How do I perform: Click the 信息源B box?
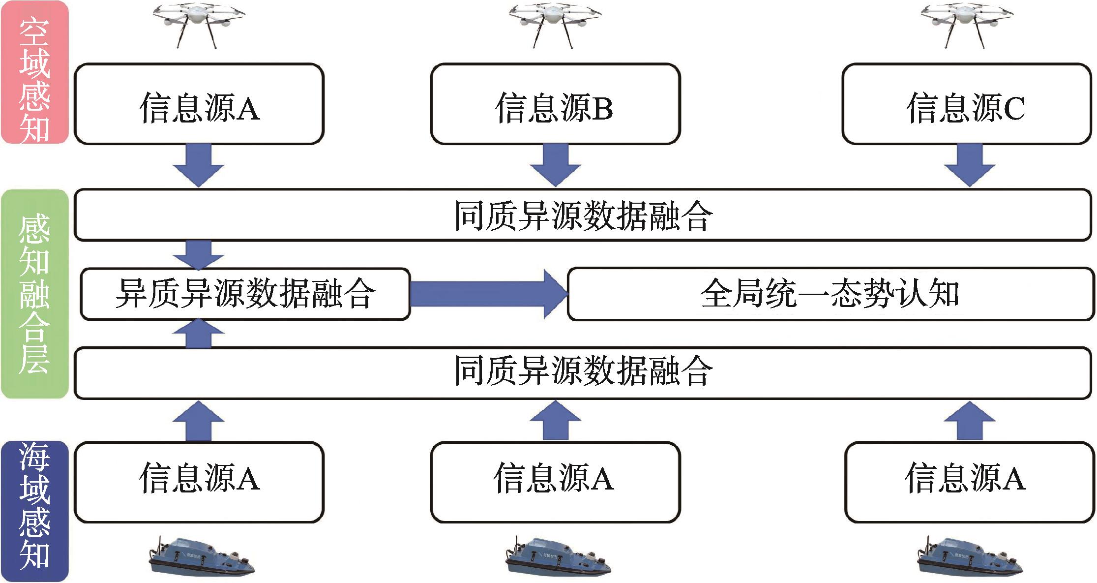pyautogui.click(x=555, y=104)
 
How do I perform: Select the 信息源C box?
pyautogui.click(x=966, y=104)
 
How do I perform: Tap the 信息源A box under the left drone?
pyautogui.click(x=199, y=104)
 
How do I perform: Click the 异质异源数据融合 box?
pyautogui.click(x=245, y=294)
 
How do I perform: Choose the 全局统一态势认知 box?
pyautogui.click(x=830, y=294)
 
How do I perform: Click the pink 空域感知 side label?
pyautogui.click(x=34, y=73)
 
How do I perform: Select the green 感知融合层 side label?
pyautogui.click(x=34, y=294)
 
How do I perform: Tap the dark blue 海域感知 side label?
pyautogui.click(x=34, y=511)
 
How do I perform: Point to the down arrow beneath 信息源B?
pyautogui.click(x=555, y=165)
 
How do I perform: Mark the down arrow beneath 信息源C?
pyautogui.click(x=969, y=165)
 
